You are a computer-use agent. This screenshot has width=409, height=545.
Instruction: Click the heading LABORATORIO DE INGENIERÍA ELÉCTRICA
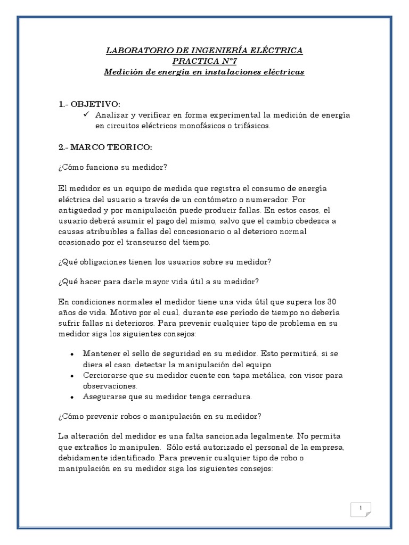[204, 51]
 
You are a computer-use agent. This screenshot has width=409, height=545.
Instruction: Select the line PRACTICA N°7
[204, 61]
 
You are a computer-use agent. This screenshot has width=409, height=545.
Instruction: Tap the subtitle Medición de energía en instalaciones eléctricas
[204, 72]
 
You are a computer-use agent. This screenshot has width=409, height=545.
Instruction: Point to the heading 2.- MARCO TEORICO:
[105, 146]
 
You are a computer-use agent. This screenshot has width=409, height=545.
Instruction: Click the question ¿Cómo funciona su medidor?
[113, 168]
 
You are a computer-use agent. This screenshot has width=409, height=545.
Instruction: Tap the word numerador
[269, 200]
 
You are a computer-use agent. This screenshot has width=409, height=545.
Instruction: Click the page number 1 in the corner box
[361, 509]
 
